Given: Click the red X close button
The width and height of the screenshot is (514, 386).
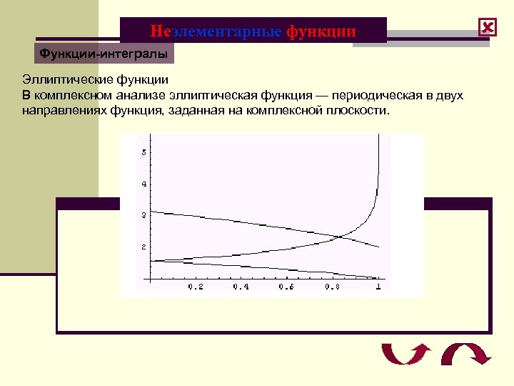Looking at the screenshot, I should point(488,28).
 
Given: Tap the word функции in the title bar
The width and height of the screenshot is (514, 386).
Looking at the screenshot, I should point(321,31).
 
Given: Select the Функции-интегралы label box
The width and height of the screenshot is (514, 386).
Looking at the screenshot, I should point(104,53).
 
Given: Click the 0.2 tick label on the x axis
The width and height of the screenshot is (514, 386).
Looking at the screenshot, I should point(195,287).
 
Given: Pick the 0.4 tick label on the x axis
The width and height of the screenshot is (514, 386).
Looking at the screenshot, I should point(241,287).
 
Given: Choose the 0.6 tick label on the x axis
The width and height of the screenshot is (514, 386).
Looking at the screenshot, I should point(286,287).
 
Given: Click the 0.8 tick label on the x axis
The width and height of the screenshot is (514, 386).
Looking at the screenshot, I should point(332,287).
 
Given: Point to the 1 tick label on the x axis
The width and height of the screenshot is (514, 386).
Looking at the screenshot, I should point(378,287).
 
